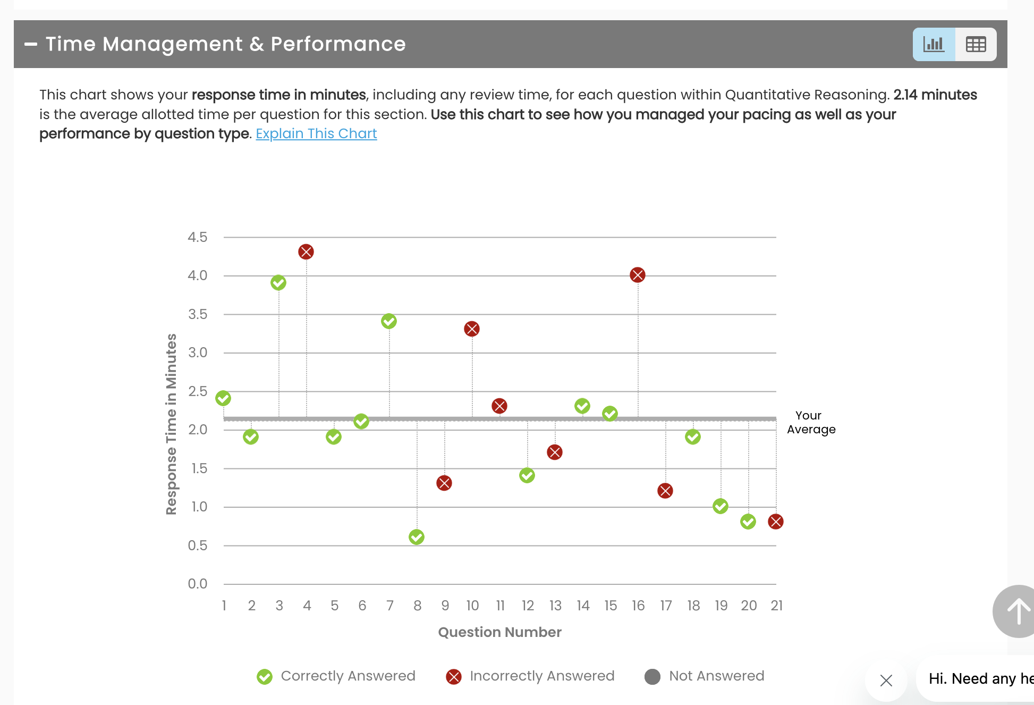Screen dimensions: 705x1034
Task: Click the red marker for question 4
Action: (306, 251)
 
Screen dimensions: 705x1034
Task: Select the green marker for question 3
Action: (278, 282)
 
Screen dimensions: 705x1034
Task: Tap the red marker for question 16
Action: (638, 275)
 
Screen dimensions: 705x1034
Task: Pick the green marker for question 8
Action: (417, 537)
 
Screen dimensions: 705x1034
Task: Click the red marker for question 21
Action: (776, 522)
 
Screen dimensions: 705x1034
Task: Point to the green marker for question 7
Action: (389, 321)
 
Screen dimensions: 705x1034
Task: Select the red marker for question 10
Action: (472, 329)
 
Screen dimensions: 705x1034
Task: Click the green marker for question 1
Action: (223, 398)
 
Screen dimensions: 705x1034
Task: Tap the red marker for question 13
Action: (555, 452)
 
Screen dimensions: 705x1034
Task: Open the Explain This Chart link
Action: (316, 133)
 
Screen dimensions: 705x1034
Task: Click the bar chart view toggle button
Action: (934, 44)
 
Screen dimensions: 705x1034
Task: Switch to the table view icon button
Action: (976, 44)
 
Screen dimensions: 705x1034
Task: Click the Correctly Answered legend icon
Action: (265, 676)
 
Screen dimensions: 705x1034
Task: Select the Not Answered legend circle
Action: (652, 676)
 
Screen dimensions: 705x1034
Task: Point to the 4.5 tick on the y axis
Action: (197, 237)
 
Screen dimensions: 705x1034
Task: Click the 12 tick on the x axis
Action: (528, 606)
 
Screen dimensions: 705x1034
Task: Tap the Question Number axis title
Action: (499, 632)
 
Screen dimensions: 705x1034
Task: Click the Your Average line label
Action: (811, 422)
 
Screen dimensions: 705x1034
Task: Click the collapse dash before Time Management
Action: (31, 44)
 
